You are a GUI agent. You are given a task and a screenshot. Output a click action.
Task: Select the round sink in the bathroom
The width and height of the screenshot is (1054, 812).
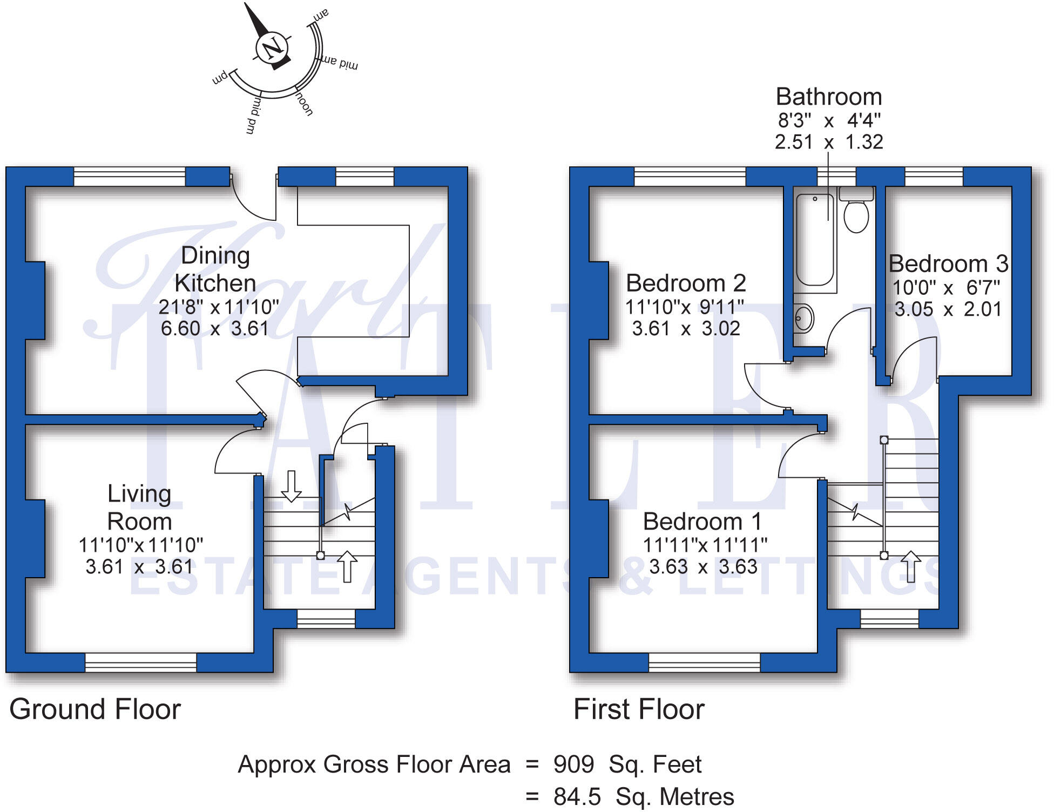pos(803,318)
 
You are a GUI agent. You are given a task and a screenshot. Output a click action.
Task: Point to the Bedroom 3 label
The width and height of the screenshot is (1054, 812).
pos(948,264)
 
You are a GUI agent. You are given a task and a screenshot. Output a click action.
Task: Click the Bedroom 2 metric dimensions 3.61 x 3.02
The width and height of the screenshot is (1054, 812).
pos(686,328)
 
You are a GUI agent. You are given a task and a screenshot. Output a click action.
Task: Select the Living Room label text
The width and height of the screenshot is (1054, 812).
pos(139,507)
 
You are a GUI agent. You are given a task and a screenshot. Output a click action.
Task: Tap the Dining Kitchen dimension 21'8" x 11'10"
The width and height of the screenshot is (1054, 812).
pos(219,307)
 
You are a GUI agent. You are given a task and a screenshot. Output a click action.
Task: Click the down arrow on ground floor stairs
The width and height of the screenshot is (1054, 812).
pos(291,485)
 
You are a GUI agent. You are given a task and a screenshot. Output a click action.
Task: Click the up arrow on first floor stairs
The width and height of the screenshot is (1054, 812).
pos(911,566)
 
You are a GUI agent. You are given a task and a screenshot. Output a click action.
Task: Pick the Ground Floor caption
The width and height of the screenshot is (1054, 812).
pos(95,709)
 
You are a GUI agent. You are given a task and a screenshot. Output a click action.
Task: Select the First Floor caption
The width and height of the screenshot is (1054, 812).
pos(639,709)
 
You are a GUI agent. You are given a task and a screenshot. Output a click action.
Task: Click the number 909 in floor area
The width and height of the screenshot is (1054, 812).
pos(573,764)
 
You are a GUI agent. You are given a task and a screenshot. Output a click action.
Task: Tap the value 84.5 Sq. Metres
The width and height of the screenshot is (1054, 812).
pos(643,797)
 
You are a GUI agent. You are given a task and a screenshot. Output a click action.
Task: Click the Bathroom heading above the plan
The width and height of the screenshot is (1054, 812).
pos(829,97)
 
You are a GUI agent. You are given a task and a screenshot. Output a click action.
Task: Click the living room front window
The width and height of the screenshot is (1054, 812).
pos(140,662)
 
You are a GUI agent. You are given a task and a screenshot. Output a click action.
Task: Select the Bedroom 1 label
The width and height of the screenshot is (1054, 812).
pos(702,522)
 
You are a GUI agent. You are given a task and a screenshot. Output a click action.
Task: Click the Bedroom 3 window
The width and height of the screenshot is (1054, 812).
pos(934,177)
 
